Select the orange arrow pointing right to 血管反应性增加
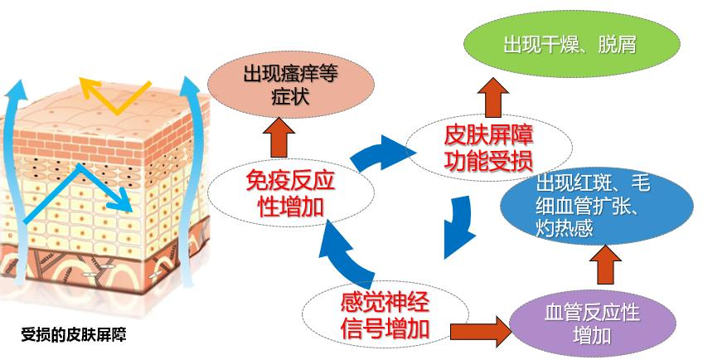click(483, 330)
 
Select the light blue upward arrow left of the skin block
click(16, 166)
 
